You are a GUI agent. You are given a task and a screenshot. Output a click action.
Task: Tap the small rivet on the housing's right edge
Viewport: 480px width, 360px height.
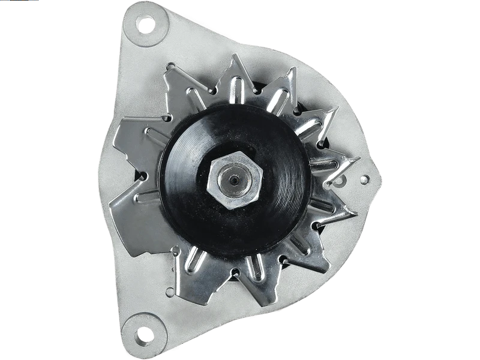point(364,179)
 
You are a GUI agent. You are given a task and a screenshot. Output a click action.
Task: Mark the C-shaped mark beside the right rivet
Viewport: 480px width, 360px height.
point(342,179)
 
